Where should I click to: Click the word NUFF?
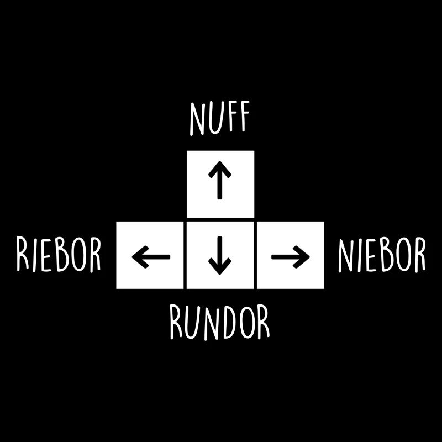pos(220,118)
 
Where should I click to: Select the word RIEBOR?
pos(59,255)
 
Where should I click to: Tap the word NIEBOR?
pos(382,255)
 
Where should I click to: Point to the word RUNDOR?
pos(220,322)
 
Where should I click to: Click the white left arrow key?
pos(150,255)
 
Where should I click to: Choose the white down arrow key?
pos(220,255)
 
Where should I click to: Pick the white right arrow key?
pos(291,255)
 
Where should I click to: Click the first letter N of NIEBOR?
pos(346,255)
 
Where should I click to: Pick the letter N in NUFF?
pos(197,119)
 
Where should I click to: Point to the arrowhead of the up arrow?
pos(220,169)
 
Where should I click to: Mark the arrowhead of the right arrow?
pos(301,257)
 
